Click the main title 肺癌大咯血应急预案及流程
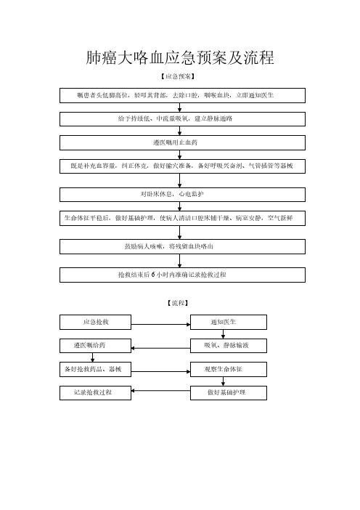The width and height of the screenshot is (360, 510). pos(180,57)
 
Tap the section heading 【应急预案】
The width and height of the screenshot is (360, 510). pos(178,76)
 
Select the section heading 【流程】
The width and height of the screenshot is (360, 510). pos(178,303)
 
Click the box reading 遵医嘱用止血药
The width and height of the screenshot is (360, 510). pos(182,143)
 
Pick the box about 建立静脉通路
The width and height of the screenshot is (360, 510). pos(182,119)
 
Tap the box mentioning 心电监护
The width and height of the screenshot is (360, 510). pos(182,195)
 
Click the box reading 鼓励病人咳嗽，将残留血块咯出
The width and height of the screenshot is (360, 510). pos(182,246)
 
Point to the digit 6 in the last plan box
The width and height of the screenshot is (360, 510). pos(153,275)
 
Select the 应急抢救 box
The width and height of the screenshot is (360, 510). pos(95,322)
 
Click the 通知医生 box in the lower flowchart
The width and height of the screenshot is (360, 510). pos(229,322)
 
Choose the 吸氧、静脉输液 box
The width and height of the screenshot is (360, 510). pos(229,346)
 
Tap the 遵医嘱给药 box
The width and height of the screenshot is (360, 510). pos(95,346)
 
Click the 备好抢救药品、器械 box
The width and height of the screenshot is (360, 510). pos(95,370)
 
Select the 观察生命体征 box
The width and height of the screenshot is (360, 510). pos(229,370)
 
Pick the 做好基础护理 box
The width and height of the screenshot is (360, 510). pos(229,393)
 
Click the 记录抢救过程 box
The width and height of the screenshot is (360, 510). pos(95,393)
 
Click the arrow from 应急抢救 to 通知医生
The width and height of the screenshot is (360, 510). pos(160,324)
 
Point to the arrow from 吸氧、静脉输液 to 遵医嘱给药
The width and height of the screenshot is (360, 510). pos(160,348)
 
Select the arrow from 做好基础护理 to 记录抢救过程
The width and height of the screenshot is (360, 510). pos(160,390)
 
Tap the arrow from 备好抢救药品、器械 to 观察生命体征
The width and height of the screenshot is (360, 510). pos(160,371)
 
